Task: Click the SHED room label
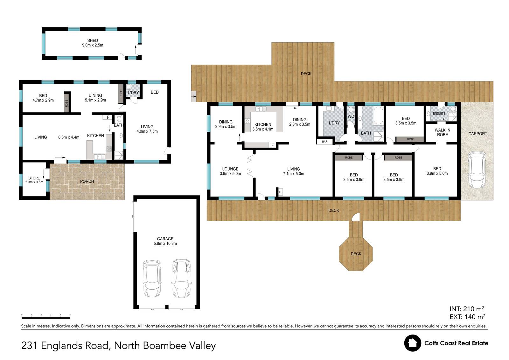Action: coord(93,40)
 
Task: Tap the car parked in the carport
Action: coord(477,170)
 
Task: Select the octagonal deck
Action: coord(356,254)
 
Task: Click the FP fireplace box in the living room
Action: coord(281,192)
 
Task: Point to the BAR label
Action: coord(325,141)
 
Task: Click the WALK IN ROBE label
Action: coord(443,132)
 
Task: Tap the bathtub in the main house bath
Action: coord(378,116)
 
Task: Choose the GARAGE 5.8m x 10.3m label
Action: coord(165,241)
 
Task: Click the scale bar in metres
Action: coord(46,317)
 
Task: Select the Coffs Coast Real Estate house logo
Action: coord(413,343)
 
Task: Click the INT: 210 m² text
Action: coord(467,309)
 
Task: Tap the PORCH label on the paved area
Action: coord(87,181)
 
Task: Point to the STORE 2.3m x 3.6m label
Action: coord(34,180)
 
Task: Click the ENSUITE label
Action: coord(439,114)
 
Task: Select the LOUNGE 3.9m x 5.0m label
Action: coord(230,171)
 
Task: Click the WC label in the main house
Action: coord(351,116)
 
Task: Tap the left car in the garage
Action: coord(152,279)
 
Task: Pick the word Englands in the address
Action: coord(74,345)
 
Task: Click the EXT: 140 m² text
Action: coord(467,317)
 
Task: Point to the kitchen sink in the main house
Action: coord(261,109)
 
